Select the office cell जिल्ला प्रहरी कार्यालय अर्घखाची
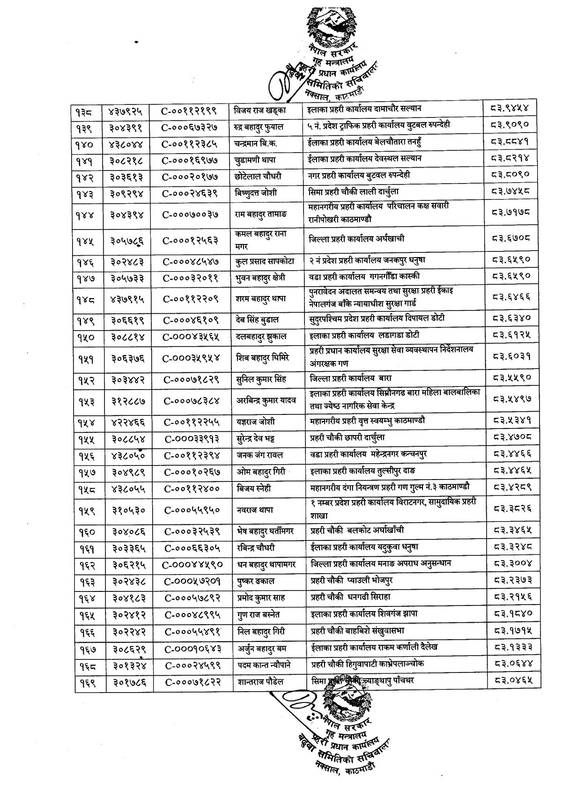356,239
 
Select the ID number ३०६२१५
127,564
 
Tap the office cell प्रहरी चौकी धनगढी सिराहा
350,597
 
